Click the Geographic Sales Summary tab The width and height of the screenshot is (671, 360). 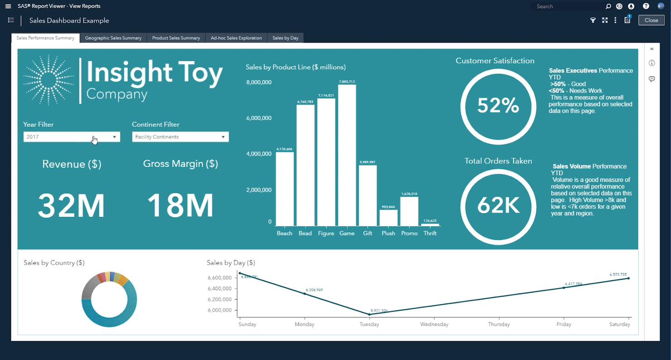(113, 38)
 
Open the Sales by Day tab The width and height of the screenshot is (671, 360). (285, 38)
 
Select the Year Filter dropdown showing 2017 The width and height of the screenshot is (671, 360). (72, 137)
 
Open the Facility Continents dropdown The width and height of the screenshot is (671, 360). (180, 137)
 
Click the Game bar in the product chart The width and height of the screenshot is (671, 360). (347, 155)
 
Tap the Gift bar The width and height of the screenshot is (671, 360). (368, 195)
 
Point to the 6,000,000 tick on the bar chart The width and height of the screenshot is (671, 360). (259, 118)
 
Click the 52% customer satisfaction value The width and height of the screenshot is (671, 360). (498, 106)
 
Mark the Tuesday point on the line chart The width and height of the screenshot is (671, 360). (370, 314)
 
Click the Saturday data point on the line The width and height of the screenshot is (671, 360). (628, 278)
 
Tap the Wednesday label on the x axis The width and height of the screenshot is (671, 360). (434, 325)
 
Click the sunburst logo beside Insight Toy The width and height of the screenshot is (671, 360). (49, 79)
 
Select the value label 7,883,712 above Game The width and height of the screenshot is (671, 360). (347, 82)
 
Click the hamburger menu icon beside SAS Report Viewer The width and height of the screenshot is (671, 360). (8, 6)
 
